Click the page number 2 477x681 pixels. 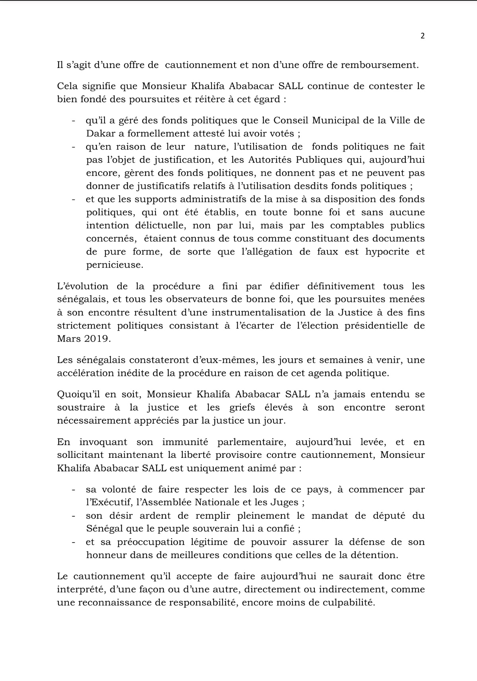point(423,36)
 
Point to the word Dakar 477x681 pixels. point(99,134)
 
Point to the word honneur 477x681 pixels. point(104,555)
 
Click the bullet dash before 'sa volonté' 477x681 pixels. point(74,490)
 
